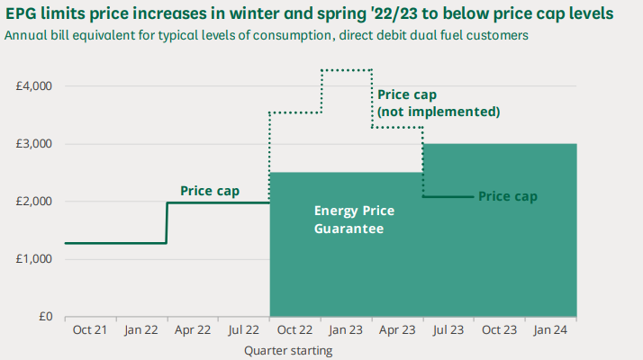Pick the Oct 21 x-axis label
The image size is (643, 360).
90,330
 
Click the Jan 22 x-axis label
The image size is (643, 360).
141,330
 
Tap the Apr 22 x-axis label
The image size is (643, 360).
193,330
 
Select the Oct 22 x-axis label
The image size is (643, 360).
295,330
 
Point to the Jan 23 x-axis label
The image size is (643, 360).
346,330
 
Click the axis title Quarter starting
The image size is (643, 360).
288,350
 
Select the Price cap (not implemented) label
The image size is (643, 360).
438,103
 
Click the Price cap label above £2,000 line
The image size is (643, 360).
210,190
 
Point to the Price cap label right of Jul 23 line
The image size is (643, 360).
507,195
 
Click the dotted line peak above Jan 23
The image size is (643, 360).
347,69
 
